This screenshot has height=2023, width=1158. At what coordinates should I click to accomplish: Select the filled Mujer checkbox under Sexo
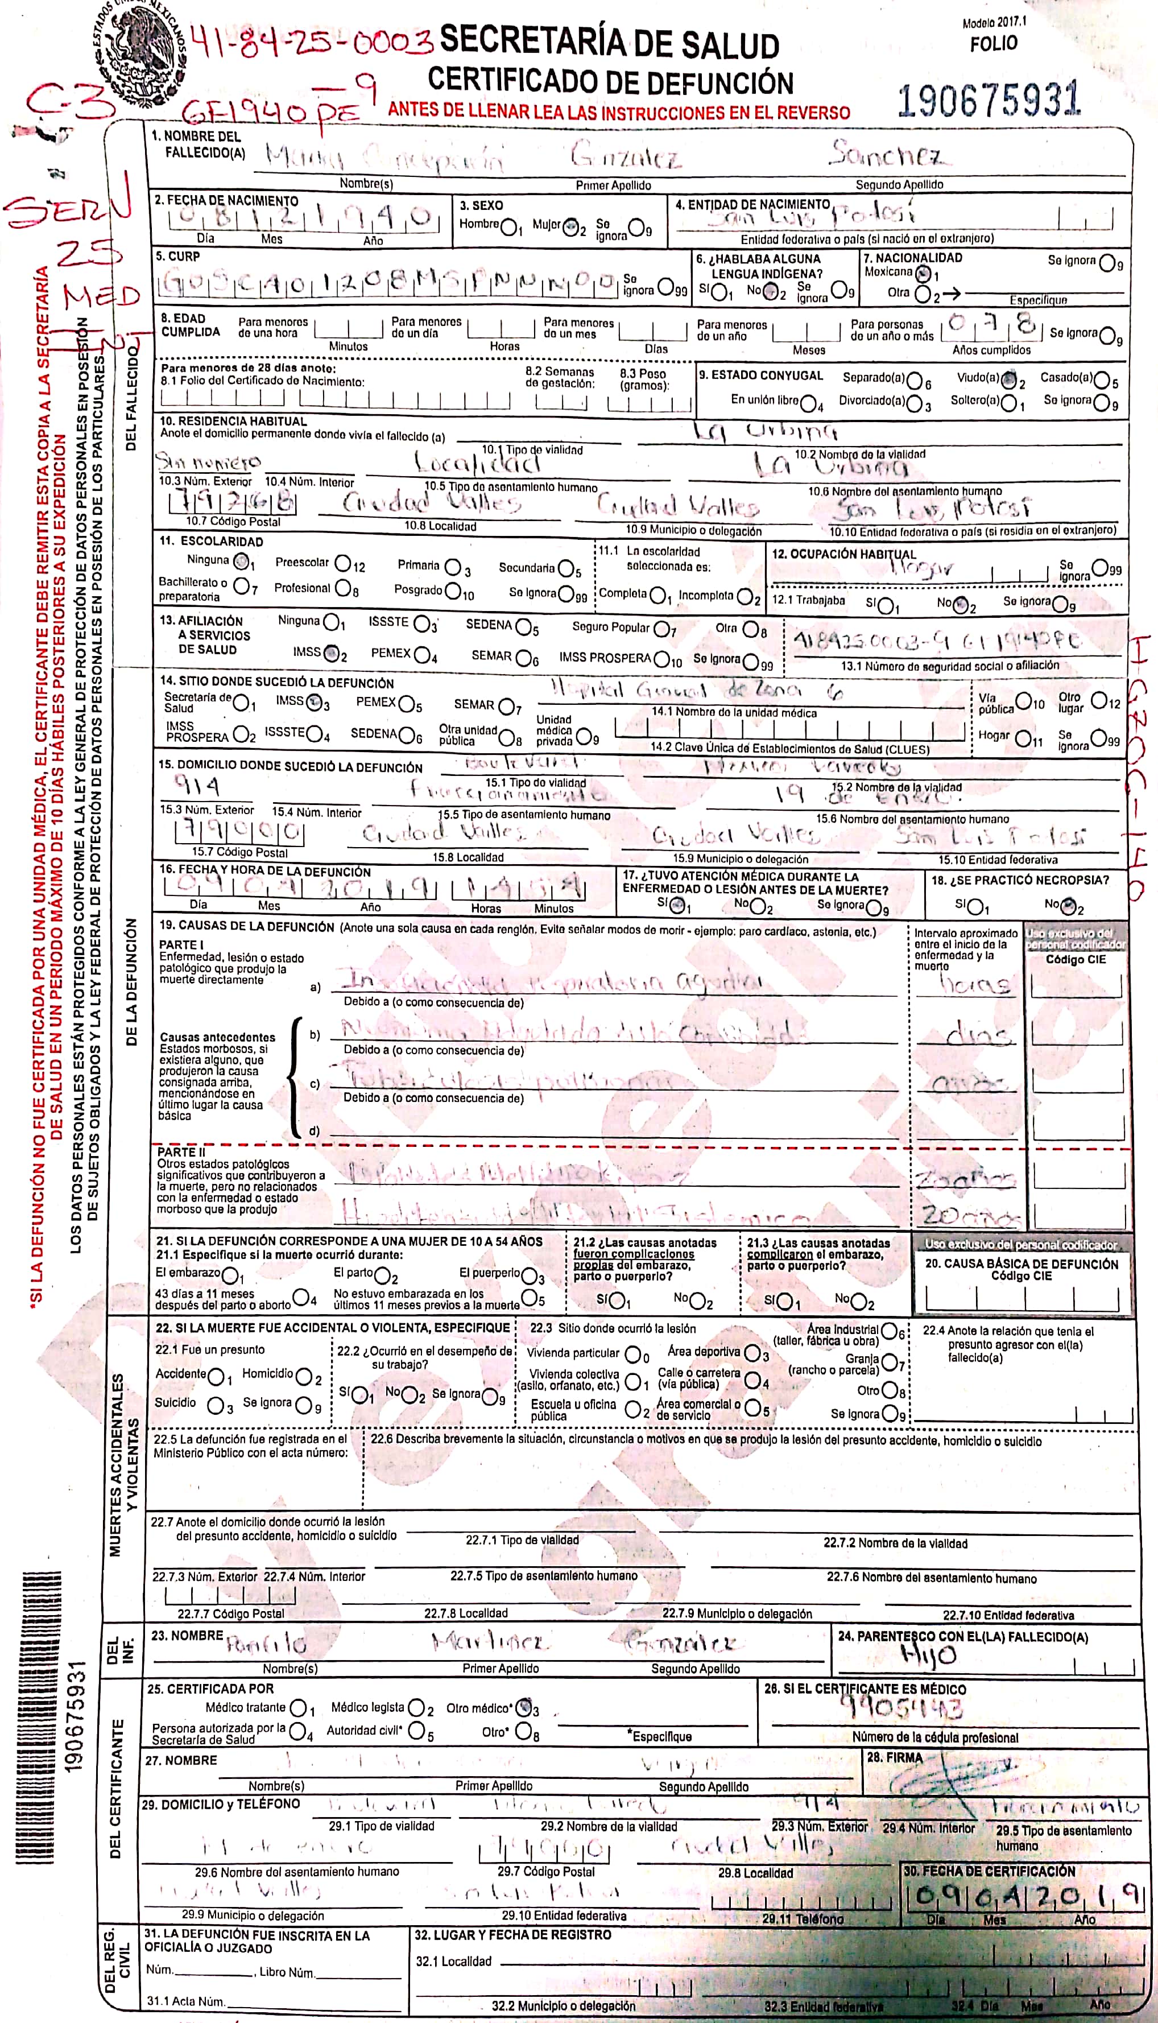[x=569, y=228]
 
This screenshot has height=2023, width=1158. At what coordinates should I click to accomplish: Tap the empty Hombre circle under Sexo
[x=509, y=228]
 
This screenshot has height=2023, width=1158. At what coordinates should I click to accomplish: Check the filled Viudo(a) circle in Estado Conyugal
[x=1010, y=379]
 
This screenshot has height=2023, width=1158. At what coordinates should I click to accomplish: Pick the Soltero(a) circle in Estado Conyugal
[x=1010, y=403]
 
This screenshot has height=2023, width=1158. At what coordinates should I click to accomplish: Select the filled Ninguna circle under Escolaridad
[x=241, y=562]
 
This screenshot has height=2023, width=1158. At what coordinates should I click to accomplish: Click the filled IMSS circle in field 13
[x=332, y=654]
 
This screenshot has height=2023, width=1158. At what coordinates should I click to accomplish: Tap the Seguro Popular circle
[x=661, y=629]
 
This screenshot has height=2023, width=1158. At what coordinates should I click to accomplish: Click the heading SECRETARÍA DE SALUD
[x=609, y=42]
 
